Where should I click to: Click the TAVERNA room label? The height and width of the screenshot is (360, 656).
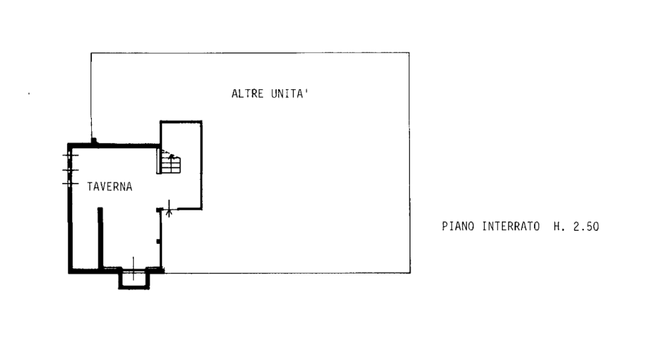click(x=111, y=187)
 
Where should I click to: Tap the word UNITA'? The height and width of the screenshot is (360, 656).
click(x=289, y=94)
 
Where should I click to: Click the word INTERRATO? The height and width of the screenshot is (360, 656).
click(x=512, y=228)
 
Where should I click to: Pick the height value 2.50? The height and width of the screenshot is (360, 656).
click(x=586, y=228)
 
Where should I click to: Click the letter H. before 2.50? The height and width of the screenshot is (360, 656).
click(x=557, y=228)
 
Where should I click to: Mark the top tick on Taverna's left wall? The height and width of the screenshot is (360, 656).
click(x=70, y=155)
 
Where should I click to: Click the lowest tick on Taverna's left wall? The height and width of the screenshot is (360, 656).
click(x=70, y=182)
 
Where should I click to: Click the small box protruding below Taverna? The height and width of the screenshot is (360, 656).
click(x=133, y=279)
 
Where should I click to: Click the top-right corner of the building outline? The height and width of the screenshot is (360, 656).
click(x=409, y=54)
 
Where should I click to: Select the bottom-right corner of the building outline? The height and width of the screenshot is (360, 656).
click(x=409, y=272)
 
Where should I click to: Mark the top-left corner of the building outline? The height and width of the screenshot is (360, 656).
click(x=90, y=54)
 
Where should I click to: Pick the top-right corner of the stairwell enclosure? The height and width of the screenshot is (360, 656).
click(x=204, y=121)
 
